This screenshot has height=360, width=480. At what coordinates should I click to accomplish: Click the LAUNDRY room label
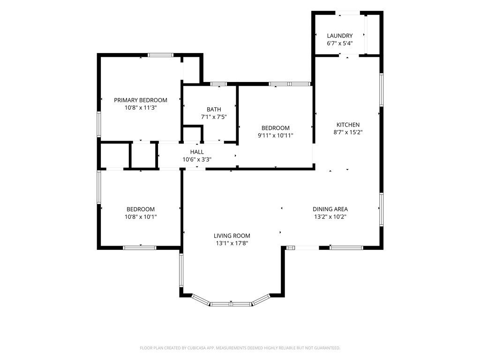(x=339, y=36)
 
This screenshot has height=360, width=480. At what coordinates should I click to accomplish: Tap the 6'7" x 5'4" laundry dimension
(x=339, y=44)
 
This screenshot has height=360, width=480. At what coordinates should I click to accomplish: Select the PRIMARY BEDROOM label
(x=141, y=100)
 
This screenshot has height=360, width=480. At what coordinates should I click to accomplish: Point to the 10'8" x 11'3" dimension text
(x=141, y=108)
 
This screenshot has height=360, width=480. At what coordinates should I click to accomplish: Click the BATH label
(x=214, y=109)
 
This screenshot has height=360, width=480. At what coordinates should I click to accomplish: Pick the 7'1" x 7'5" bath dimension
(x=214, y=117)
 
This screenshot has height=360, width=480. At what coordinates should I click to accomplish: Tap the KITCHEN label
(x=348, y=125)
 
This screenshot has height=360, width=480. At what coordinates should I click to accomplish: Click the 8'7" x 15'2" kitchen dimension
(x=348, y=132)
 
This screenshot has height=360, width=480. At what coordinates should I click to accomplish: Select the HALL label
(x=197, y=152)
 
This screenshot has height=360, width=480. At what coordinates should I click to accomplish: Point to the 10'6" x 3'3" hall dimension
(x=197, y=159)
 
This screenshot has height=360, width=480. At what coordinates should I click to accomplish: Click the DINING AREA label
(x=330, y=209)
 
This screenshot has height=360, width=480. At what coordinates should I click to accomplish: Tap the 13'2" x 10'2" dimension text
(x=330, y=217)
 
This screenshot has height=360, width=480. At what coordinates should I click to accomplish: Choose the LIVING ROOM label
(x=232, y=236)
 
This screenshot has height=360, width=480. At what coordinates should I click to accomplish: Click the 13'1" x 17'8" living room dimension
(x=232, y=243)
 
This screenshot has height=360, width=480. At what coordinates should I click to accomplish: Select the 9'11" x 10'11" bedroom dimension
(x=275, y=135)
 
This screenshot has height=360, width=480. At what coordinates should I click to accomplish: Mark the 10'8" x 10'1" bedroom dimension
(x=141, y=217)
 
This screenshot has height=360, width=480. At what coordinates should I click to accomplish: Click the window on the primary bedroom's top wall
(x=161, y=55)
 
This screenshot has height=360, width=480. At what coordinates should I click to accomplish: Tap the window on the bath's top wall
(x=218, y=84)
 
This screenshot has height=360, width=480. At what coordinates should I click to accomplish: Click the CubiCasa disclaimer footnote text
(x=240, y=348)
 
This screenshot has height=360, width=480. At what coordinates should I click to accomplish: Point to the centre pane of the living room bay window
(x=231, y=304)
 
